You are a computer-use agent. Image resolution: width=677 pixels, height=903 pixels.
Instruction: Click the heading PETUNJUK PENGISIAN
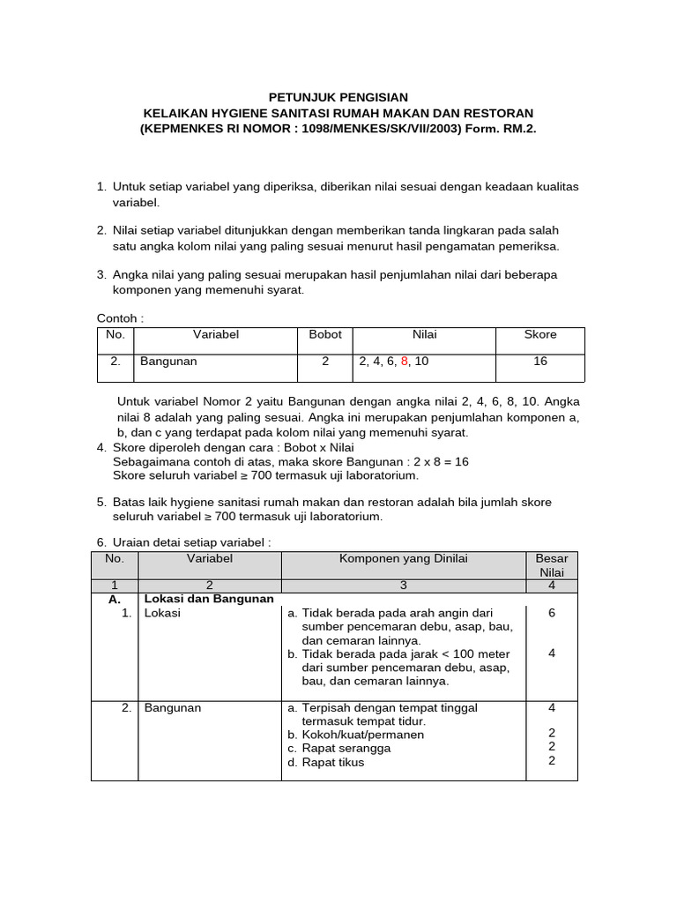click(x=338, y=97)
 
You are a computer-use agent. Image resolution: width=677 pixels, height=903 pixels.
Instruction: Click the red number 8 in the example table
click(x=405, y=362)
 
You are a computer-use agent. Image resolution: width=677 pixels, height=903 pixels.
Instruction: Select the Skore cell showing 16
click(x=540, y=362)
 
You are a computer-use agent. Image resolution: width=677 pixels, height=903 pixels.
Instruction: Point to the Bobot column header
click(x=325, y=335)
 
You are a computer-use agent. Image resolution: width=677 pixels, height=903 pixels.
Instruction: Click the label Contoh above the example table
click(x=119, y=317)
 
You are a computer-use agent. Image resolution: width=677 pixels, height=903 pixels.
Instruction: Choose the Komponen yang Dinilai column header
click(x=404, y=558)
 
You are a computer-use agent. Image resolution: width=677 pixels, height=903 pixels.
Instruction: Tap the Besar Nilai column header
click(x=552, y=565)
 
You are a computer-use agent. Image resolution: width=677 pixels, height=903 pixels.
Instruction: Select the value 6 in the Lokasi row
click(x=552, y=613)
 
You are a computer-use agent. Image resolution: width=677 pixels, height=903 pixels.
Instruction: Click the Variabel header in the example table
click(x=216, y=335)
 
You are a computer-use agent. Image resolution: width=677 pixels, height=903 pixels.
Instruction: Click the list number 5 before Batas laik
click(x=100, y=502)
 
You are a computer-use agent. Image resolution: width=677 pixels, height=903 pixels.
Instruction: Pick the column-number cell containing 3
click(x=404, y=585)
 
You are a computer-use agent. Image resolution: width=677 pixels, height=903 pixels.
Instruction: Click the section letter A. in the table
click(x=115, y=599)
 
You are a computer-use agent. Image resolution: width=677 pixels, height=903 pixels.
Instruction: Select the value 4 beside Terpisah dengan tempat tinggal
click(x=552, y=707)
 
